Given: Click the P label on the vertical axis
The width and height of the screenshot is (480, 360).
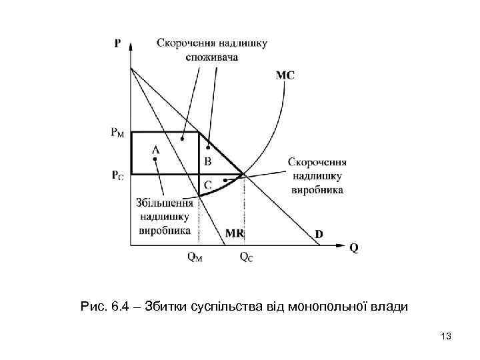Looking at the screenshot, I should point(117,43).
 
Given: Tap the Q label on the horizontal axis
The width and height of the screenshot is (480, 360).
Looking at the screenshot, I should point(353,247).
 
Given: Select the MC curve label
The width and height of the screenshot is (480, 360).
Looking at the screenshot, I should point(285,75).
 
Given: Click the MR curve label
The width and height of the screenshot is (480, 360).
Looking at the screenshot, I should point(235,234).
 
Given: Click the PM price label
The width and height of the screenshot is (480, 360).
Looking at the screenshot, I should point(117,132).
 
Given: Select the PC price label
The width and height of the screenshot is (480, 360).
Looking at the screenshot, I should point(117,175).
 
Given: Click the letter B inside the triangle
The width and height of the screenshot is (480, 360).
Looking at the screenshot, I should point(207,161).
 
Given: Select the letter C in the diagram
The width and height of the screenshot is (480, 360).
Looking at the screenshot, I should point(207,185).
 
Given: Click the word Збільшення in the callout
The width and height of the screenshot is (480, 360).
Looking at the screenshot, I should point(164,204).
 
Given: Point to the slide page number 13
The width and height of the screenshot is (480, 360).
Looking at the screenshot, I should point(446,337).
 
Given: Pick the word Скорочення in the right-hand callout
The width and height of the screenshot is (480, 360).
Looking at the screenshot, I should point(317,163).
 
